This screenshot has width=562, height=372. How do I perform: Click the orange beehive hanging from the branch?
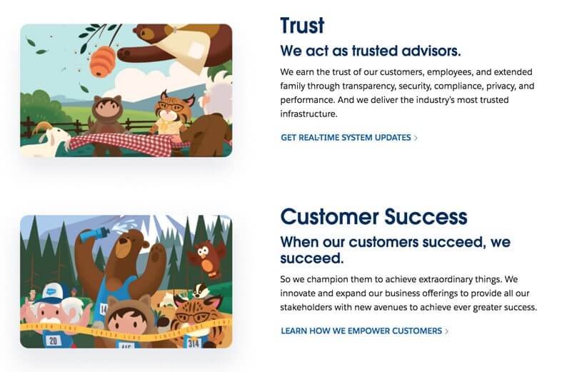click(104, 61)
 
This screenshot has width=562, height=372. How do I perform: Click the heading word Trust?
click(302, 26)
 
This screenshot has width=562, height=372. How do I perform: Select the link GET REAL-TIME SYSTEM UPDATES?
click(346, 138)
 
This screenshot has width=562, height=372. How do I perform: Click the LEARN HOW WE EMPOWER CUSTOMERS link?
click(361, 331)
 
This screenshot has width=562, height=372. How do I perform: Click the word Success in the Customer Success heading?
click(423, 217)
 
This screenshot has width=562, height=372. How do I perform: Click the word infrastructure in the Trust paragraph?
click(308, 114)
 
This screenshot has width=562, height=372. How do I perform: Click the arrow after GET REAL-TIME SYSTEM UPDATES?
click(416, 138)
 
